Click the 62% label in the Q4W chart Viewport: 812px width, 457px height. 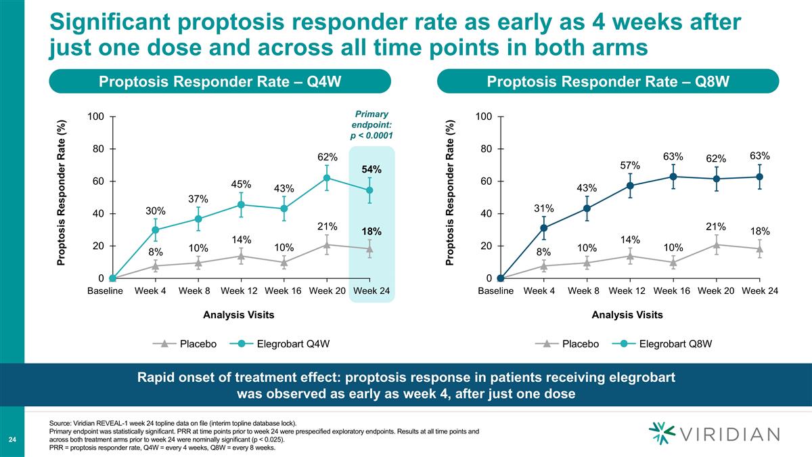point(328,158)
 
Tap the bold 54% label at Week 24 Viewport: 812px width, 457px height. point(370,169)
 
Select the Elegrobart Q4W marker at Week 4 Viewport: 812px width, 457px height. point(155,230)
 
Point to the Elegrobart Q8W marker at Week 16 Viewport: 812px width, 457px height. point(673,177)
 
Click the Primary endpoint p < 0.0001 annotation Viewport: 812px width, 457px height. point(370,125)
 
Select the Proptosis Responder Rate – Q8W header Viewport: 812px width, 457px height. point(608,82)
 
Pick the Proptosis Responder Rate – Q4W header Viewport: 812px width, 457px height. point(219,82)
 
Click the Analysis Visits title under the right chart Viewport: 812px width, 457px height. point(627,315)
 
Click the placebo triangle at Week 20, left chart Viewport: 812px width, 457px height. point(328,244)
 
